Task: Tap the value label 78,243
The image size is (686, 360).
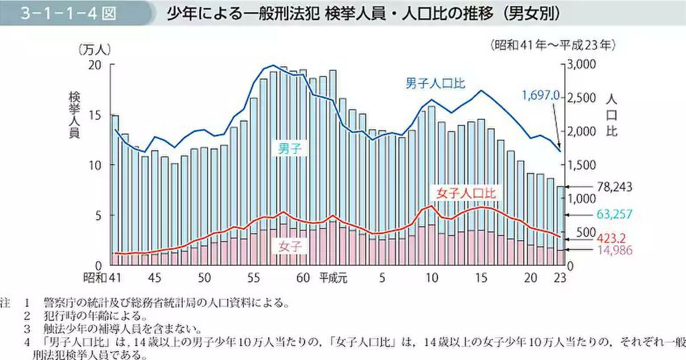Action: coord(613,187)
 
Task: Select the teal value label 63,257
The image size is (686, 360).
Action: coord(613,215)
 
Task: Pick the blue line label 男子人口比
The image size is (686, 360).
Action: coord(435,83)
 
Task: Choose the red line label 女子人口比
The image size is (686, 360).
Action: coord(466,193)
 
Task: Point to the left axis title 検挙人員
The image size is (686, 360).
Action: coord(74,113)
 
